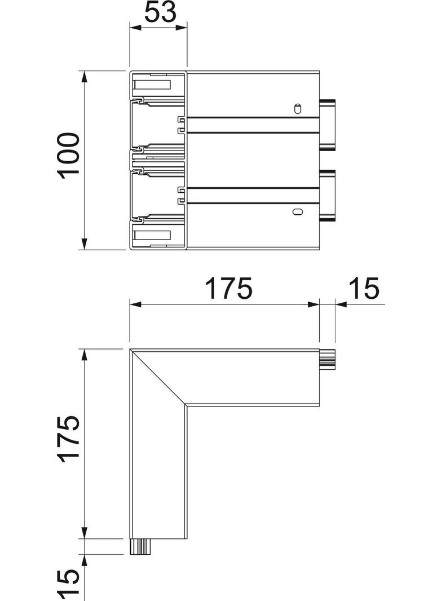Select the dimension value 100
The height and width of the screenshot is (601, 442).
pos(69,156)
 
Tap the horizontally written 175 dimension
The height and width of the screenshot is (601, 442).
pos(228,289)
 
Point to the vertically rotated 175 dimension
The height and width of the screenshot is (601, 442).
pos(69,440)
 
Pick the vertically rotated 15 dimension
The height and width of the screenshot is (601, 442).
pos(69,584)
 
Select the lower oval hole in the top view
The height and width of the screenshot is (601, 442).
pos(296,212)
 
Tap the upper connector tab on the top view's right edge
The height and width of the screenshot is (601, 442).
pos(328,125)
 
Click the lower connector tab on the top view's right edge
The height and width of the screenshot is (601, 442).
pos(328,195)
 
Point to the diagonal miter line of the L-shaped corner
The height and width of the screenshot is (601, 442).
pos(158,377)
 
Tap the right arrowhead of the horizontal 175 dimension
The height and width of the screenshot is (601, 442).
pos(313,305)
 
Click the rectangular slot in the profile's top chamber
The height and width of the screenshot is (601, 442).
pos(152,86)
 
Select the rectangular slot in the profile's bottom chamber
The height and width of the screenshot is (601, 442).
pos(152,236)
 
